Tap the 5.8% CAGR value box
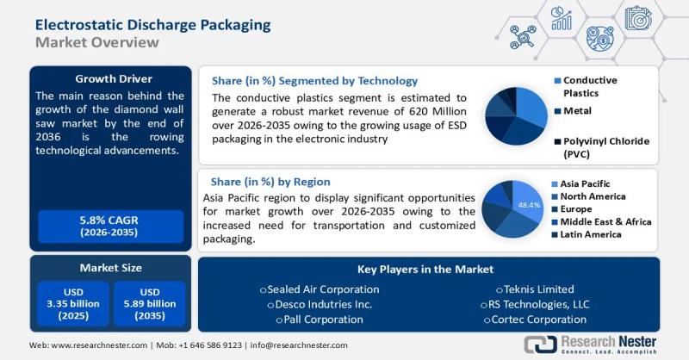point(109,227)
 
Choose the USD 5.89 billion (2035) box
point(149,303)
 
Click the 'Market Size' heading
point(109,268)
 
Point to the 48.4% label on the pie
point(529,205)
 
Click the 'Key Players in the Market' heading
point(428,269)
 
